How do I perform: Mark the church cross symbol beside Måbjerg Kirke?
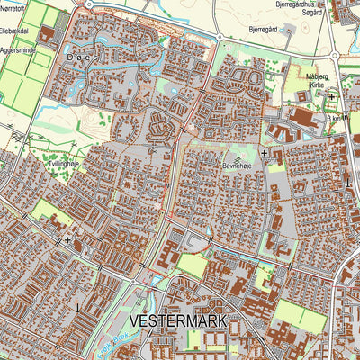(331, 96)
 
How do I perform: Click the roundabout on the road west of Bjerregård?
(216, 37)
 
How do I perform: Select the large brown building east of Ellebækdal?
(47, 37)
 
